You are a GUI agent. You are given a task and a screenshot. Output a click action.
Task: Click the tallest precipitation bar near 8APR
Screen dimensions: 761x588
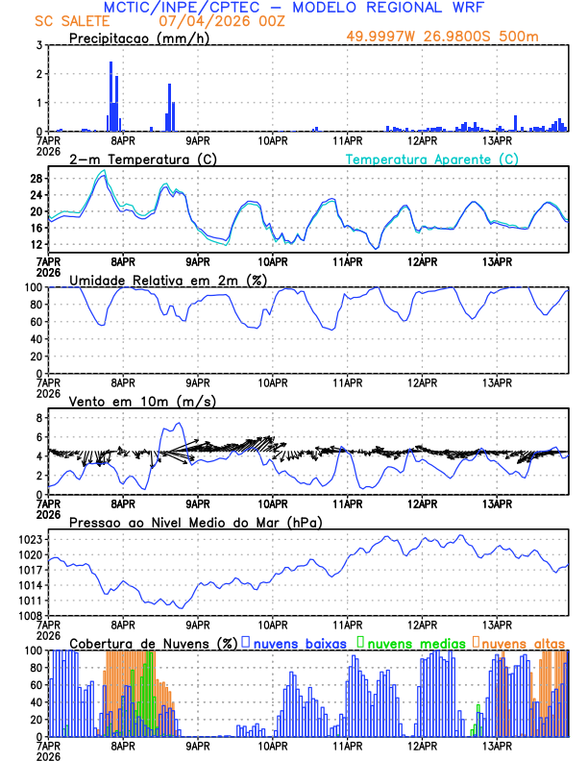point(112,96)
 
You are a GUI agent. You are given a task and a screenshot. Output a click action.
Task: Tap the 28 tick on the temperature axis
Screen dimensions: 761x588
point(36,178)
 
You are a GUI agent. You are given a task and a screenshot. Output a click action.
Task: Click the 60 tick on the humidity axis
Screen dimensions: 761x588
point(36,322)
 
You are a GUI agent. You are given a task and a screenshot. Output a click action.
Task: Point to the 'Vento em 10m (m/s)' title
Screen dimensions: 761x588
point(142,401)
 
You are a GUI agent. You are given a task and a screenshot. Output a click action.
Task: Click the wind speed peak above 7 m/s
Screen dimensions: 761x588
point(177,425)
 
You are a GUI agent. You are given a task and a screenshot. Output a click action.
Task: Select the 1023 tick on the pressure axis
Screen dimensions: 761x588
point(29,539)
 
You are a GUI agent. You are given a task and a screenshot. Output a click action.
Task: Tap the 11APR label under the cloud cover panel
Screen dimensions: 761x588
point(347,745)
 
